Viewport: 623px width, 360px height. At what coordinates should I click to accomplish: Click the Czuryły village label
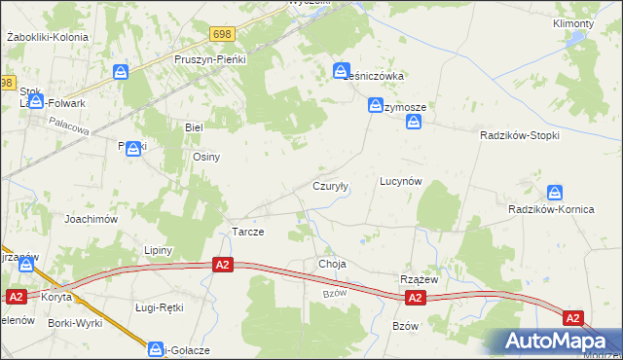point(330,185)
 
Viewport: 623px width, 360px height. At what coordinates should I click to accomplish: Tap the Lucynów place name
point(400,181)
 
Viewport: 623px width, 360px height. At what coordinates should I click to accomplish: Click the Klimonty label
point(572,23)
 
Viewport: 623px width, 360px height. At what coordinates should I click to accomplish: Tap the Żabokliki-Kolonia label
point(47,37)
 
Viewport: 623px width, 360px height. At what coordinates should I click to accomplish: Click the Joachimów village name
point(92,219)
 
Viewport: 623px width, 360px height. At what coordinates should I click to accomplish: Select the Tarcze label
point(247,233)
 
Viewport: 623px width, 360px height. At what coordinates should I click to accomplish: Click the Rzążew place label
point(421,279)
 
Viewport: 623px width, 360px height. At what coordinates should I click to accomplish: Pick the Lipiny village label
point(158,250)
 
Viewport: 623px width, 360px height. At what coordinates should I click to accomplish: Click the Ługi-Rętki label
point(159,307)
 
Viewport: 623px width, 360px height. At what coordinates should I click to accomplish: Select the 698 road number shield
point(222,34)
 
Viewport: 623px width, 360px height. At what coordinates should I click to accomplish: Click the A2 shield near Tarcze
point(223,265)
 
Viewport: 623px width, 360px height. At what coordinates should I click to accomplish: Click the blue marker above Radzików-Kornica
point(555,192)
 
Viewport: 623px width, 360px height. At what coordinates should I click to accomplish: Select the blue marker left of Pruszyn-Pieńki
point(121,71)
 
